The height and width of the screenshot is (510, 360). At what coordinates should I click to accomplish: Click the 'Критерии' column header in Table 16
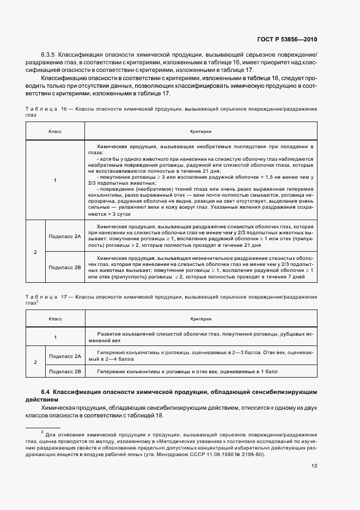(201, 132)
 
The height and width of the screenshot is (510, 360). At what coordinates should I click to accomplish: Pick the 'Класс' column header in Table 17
(55, 319)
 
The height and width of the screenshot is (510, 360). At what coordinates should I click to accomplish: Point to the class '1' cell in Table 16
(55, 180)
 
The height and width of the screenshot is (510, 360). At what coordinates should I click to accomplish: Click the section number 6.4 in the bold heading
(46, 392)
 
